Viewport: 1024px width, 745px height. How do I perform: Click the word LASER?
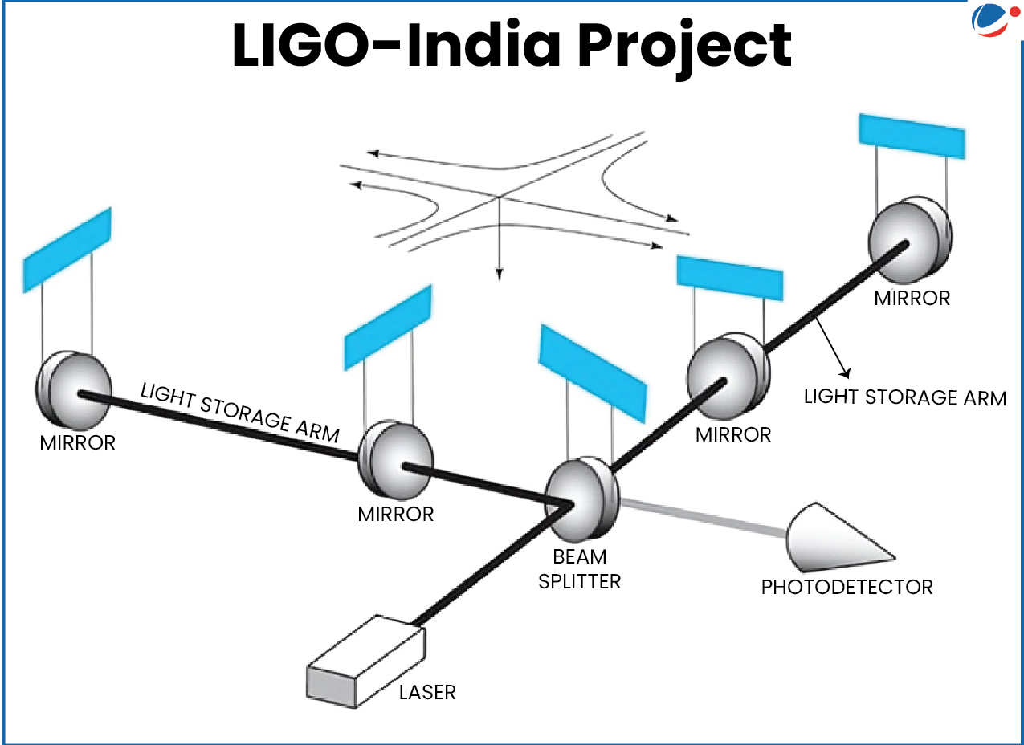pos(427,691)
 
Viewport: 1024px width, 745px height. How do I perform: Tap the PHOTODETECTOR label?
pos(847,587)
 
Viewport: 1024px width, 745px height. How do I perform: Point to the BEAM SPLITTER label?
pos(579,569)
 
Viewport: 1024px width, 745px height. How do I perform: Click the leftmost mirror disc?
pos(73,390)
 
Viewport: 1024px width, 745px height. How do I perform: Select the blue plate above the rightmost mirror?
pos(911,136)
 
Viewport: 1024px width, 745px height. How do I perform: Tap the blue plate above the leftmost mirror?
pos(67,249)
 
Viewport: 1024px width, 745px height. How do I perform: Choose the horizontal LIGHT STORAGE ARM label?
pos(904,397)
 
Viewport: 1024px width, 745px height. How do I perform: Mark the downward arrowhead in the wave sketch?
pos(499,274)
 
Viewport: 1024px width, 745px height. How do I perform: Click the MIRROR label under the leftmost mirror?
pos(77,442)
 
